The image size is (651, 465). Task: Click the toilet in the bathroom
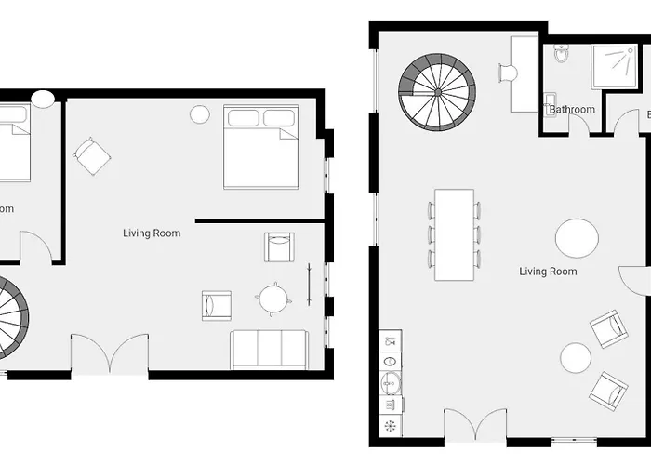[561, 54]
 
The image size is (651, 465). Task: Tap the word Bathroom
[572, 110]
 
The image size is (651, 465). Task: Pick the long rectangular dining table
[455, 234]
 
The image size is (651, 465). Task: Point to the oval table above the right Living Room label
[577, 238]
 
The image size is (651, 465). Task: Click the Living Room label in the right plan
[548, 272]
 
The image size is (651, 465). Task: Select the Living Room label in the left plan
[152, 232]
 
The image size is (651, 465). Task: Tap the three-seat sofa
[270, 349]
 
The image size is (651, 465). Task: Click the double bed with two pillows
[261, 146]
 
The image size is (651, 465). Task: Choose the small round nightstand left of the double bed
[200, 114]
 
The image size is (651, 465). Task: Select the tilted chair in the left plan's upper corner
[92, 155]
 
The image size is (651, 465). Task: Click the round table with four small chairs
[274, 299]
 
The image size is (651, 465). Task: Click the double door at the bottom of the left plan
[110, 356]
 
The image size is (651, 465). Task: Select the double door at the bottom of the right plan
[474, 427]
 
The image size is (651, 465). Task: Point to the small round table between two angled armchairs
[576, 356]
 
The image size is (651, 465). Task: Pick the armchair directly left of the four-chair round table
[217, 304]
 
